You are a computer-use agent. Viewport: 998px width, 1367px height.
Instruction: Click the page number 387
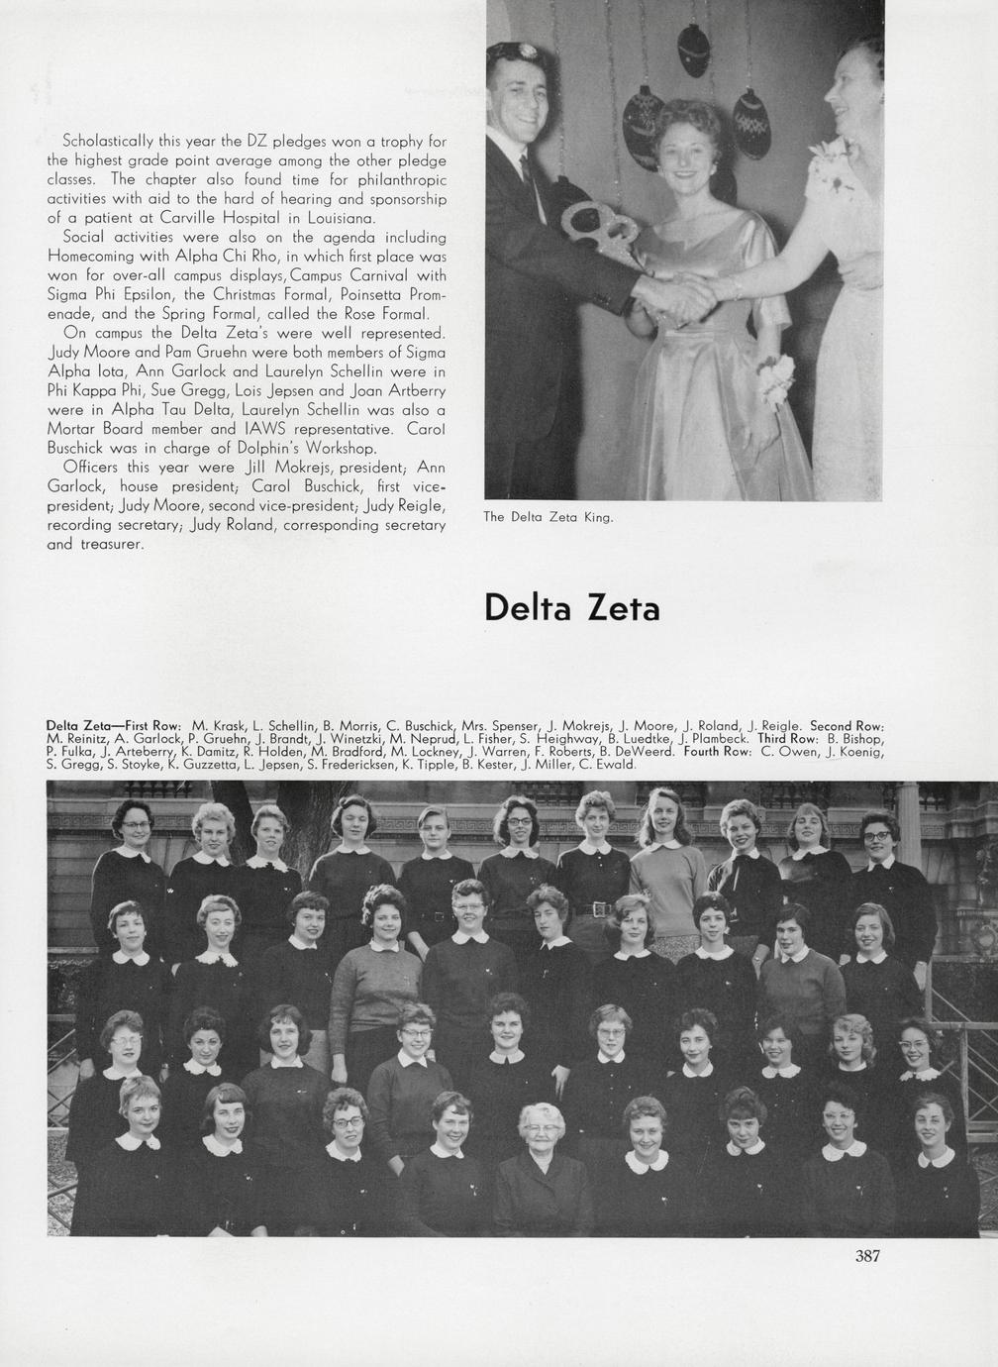coord(867,1256)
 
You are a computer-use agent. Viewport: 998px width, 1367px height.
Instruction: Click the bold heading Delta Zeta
coord(571,606)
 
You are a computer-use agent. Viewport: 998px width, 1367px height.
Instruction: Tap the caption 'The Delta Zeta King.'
coord(549,516)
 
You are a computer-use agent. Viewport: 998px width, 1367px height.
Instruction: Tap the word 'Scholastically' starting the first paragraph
coord(107,141)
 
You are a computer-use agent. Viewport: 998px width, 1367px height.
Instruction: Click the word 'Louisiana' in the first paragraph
coord(340,217)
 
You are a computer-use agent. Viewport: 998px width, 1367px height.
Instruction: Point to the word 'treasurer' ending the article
coord(112,544)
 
